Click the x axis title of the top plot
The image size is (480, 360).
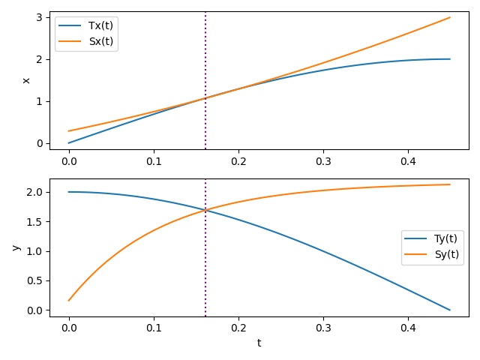[27, 80]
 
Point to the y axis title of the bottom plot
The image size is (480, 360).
[16, 247]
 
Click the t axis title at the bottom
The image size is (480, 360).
[259, 343]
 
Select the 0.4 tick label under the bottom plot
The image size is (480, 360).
[408, 327]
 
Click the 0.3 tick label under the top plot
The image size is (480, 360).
[323, 160]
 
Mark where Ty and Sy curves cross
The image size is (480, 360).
[205, 210]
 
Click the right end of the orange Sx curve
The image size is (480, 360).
[450, 17]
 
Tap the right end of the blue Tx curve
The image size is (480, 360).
[450, 59]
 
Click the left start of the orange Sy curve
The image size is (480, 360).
[69, 301]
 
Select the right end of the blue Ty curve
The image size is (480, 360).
[450, 310]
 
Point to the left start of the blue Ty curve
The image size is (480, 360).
[69, 192]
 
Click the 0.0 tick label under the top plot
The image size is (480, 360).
[69, 160]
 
